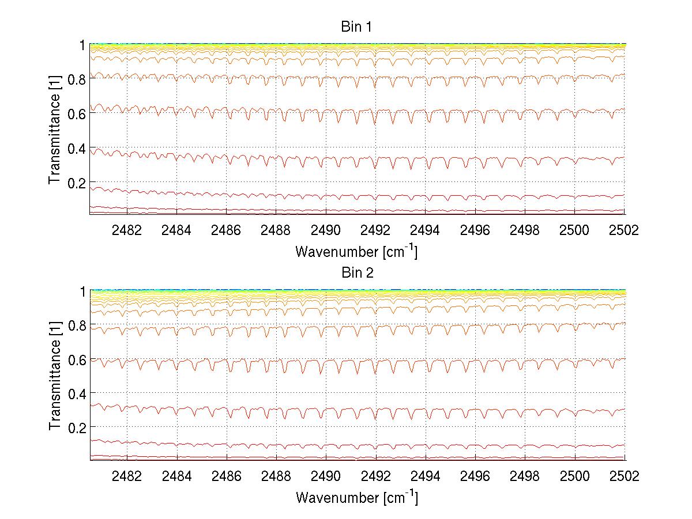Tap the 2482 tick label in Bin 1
(x=127, y=230)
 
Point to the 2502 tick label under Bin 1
(x=624, y=230)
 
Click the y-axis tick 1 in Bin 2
(x=83, y=291)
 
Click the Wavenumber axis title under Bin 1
(x=356, y=252)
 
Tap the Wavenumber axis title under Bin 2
(x=356, y=497)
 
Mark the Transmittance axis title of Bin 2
(x=55, y=376)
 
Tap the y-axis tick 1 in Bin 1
(x=83, y=45)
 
